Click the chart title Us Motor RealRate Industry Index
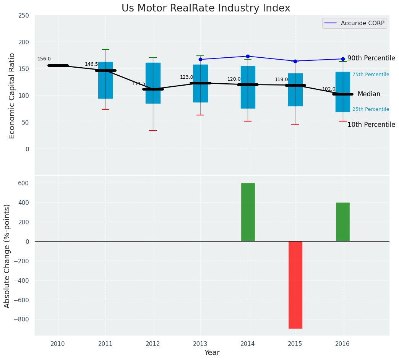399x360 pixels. click(206, 8)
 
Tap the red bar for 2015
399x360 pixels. click(295, 285)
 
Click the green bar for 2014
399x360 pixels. click(248, 212)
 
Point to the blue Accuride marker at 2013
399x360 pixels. click(200, 59)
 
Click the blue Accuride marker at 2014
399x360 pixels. click(248, 56)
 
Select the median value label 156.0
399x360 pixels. click(44, 59)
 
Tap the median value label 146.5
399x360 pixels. click(91, 64)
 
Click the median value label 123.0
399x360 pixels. click(187, 77)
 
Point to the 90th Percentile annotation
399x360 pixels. click(371, 58)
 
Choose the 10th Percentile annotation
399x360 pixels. click(371, 125)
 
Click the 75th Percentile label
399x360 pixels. click(371, 75)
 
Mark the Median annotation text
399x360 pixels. click(369, 94)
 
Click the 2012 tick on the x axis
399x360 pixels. click(153, 344)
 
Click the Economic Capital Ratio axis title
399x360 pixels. click(12, 96)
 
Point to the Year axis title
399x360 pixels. click(212, 353)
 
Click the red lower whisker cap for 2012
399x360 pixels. click(153, 131)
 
